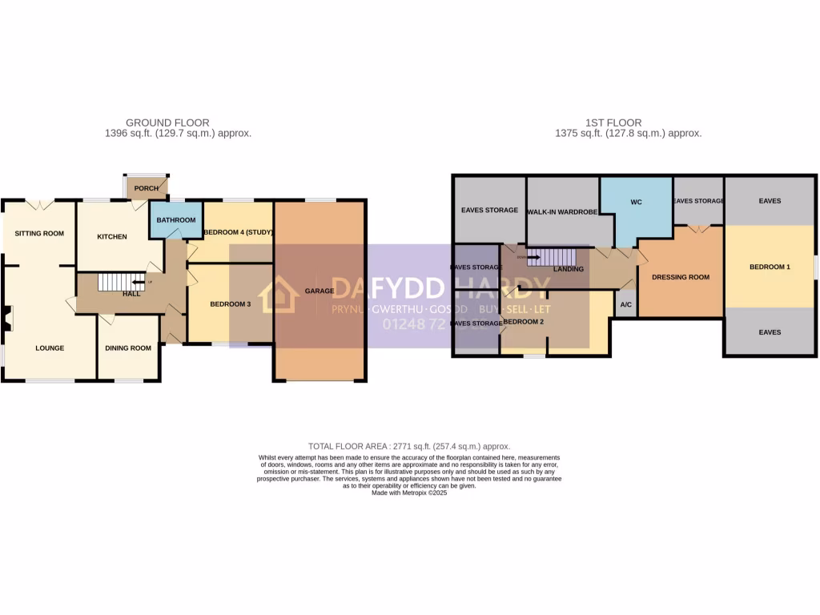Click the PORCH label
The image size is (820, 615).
click(x=147, y=188)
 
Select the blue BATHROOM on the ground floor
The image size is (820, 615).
click(x=175, y=220)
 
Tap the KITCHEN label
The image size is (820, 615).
click(x=112, y=236)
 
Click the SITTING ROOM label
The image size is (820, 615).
click(x=38, y=234)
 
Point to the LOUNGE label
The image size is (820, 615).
click(x=50, y=348)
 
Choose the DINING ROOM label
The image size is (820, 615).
click(x=128, y=348)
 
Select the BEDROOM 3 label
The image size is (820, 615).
click(x=231, y=304)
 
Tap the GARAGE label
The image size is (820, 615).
click(x=320, y=291)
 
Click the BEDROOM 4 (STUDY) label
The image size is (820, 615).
click(x=239, y=232)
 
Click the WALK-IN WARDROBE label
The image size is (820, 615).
click(x=563, y=211)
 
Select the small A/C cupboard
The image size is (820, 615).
click(x=625, y=304)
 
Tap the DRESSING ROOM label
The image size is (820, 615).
click(x=681, y=277)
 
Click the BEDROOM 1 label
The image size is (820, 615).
click(x=770, y=267)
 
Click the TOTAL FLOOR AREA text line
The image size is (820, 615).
click(x=409, y=446)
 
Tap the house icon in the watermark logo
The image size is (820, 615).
click(x=279, y=295)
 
